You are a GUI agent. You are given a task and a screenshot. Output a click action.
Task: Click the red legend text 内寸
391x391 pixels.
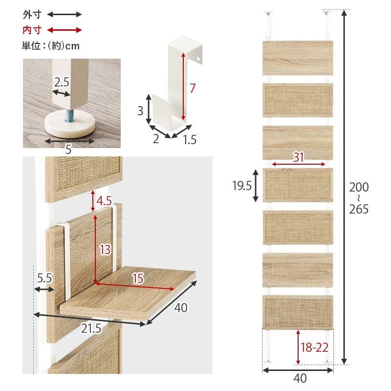(x=32, y=30)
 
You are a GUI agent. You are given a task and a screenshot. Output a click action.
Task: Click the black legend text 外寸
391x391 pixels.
(x=32, y=15)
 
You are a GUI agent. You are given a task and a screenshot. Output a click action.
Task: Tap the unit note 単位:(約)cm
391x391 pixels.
(x=51, y=46)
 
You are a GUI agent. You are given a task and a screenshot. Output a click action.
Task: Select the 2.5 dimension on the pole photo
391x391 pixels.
(x=62, y=82)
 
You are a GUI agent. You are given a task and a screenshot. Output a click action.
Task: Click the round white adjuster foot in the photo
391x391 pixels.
(x=70, y=124)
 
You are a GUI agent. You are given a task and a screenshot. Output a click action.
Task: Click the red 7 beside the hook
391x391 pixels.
(x=193, y=88)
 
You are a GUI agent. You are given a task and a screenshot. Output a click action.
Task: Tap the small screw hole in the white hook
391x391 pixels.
(x=198, y=59)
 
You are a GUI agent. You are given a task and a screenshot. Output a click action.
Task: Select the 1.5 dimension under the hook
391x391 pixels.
(x=190, y=140)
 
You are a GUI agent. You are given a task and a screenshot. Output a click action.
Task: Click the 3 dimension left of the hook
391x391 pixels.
(x=140, y=111)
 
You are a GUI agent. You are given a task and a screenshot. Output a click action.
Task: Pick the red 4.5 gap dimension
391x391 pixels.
(x=104, y=201)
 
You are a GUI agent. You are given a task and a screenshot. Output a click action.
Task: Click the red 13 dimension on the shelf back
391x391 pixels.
(x=105, y=249)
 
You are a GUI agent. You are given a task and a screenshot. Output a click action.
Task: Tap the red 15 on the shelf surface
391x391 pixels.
(x=138, y=278)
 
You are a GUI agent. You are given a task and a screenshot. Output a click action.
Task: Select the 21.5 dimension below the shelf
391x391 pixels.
(x=91, y=328)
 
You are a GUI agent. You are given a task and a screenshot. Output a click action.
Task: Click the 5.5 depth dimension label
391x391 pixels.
(x=44, y=278)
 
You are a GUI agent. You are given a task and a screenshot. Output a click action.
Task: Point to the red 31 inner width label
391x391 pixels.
(x=299, y=157)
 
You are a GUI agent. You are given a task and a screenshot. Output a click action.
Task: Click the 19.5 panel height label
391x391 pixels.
(x=242, y=186)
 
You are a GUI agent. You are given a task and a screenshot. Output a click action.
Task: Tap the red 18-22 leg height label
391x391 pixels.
(x=315, y=348)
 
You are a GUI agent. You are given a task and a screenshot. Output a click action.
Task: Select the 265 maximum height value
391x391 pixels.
(x=359, y=209)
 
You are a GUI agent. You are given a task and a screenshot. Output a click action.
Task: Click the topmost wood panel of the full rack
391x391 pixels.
(x=298, y=58)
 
